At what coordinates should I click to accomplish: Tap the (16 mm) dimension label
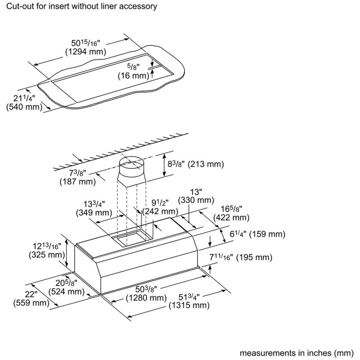(133, 76)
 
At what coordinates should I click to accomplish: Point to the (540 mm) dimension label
(23, 107)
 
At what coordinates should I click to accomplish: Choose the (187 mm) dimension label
(77, 182)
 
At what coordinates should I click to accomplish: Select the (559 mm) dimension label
(31, 303)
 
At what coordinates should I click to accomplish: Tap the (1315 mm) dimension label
(189, 306)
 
